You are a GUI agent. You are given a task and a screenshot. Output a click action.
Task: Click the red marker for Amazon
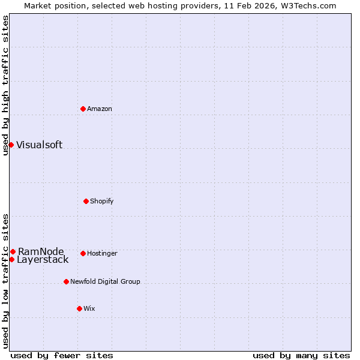(x=83, y=109)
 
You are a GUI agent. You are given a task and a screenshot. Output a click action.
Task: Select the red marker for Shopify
(x=86, y=201)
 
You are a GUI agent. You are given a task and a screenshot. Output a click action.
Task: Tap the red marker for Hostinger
(x=83, y=253)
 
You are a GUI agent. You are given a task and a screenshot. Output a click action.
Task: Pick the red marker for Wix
(x=79, y=308)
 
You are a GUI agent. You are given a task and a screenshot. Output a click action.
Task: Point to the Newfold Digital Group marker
(x=66, y=281)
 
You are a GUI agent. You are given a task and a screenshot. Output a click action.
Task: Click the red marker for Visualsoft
(x=11, y=145)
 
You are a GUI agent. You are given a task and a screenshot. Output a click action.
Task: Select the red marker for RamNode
(x=13, y=251)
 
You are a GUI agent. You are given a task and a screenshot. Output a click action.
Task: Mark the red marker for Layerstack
(x=11, y=259)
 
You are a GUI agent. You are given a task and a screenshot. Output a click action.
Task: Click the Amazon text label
(x=100, y=109)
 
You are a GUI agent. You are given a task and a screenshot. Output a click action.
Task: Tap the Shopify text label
(x=102, y=201)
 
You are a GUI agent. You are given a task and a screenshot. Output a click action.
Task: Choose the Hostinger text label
(x=102, y=253)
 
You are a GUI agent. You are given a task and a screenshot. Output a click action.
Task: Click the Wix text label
(x=89, y=308)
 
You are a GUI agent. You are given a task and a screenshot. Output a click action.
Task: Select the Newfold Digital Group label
(x=105, y=281)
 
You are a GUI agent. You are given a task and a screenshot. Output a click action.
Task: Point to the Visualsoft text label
(x=39, y=145)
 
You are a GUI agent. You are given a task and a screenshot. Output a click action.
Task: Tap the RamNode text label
(x=41, y=251)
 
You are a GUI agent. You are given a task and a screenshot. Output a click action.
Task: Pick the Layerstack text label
(x=43, y=260)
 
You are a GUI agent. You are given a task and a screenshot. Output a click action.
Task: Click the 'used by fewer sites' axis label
(x=62, y=355)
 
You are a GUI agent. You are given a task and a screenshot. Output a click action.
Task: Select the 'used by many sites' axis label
(x=301, y=355)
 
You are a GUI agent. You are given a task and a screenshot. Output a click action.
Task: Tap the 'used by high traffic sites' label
(x=5, y=85)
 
